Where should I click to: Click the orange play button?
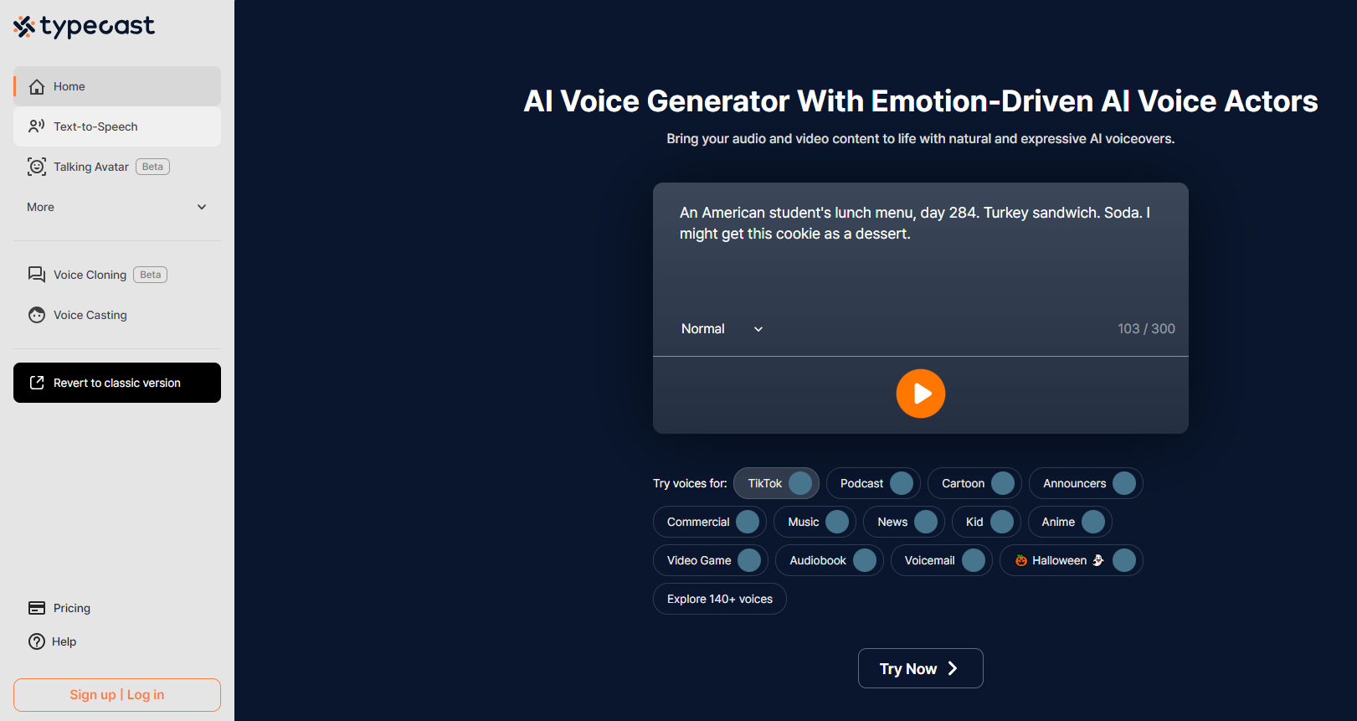[920, 394]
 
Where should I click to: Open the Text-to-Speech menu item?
[117, 126]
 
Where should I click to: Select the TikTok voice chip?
[776, 483]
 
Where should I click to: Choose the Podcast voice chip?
[873, 483]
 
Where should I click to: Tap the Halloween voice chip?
[1071, 560]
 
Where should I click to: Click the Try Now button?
[920, 668]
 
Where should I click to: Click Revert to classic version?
[117, 383]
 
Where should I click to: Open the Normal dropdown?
[722, 329]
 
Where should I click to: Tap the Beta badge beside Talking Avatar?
[152, 167]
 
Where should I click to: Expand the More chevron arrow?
[202, 207]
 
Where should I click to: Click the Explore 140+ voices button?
[720, 600]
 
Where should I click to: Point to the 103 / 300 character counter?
[1146, 329]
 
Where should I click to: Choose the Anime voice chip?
[1070, 523]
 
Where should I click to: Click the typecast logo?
[85, 27]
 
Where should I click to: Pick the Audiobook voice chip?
[830, 560]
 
